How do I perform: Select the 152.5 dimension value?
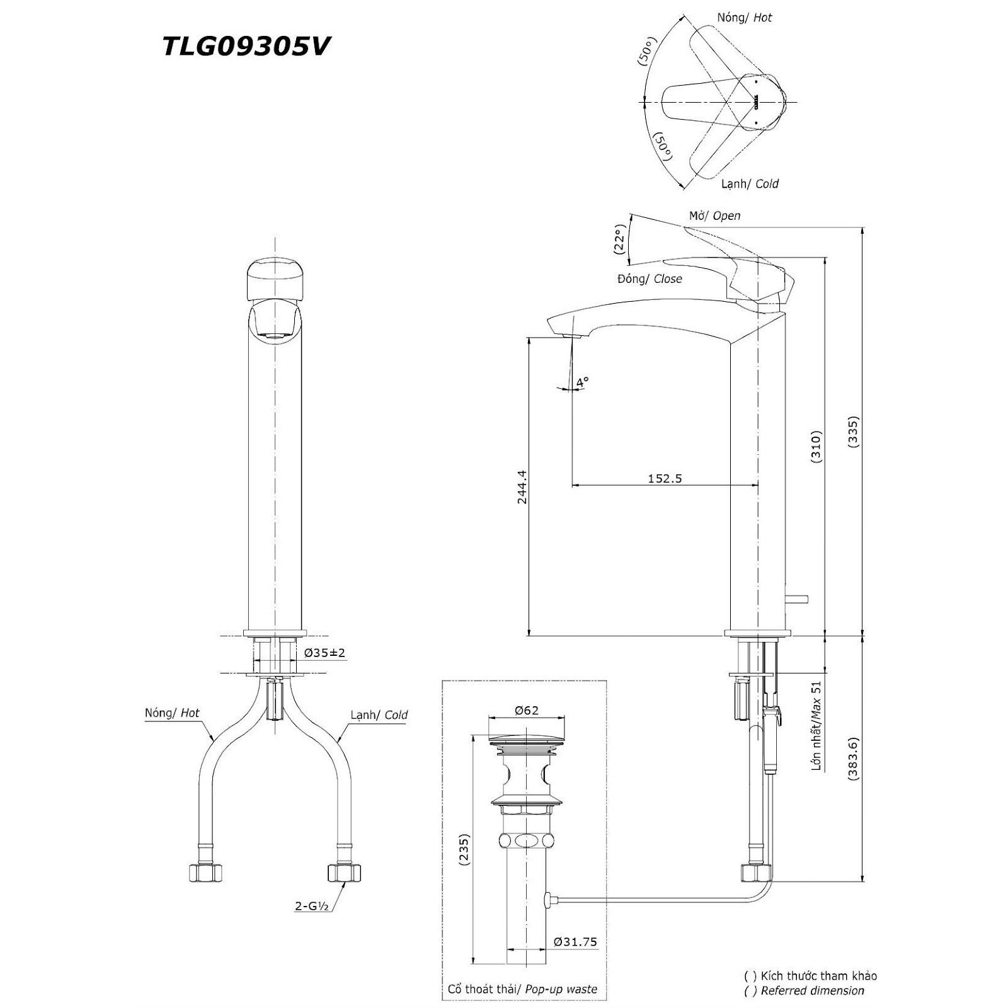point(665,478)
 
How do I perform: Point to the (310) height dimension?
point(816,447)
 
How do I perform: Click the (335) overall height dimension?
point(854,432)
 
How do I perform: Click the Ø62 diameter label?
point(526,710)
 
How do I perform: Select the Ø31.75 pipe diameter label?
point(575,942)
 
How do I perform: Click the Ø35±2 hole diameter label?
point(325,653)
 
